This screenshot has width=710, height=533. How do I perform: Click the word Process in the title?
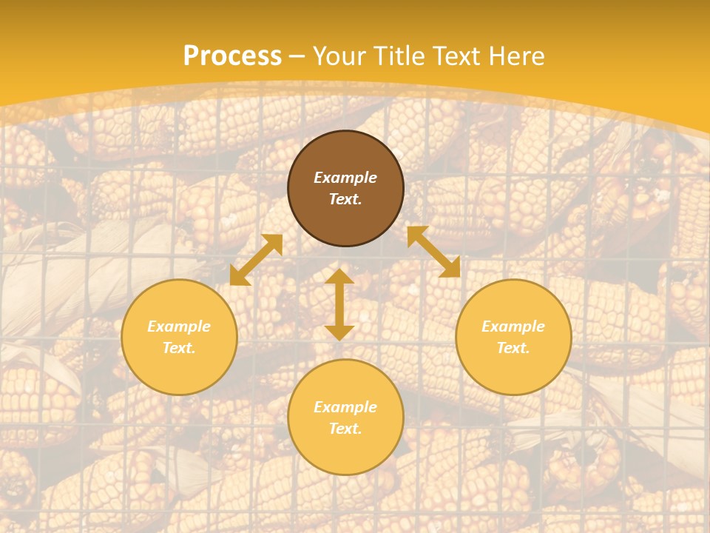click(232, 56)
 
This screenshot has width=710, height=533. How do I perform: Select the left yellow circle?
click(179, 337)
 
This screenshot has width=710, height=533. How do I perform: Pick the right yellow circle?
click(513, 337)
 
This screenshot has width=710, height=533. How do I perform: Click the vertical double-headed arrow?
click(339, 304)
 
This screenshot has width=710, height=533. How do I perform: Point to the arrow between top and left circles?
click(256, 260)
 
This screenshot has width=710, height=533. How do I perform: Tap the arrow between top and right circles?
click(433, 252)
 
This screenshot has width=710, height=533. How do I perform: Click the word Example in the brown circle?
click(345, 178)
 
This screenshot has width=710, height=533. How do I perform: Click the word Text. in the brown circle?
click(345, 199)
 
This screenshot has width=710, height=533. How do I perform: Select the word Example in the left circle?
click(179, 326)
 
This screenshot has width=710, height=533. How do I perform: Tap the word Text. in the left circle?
click(179, 348)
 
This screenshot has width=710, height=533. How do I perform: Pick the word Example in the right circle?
click(513, 326)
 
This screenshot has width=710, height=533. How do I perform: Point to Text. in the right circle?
click(513, 348)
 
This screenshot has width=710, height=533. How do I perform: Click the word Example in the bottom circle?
click(345, 407)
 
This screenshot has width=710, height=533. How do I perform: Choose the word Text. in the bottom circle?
click(345, 429)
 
